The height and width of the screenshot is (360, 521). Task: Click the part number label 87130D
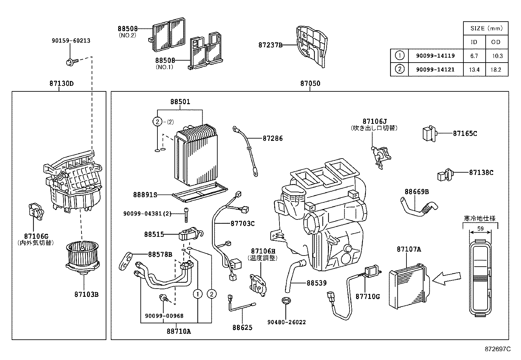(62, 84)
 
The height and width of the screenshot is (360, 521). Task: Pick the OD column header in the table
(496, 42)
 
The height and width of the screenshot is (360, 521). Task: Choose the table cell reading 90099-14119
(435, 56)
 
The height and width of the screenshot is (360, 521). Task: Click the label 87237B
(270, 45)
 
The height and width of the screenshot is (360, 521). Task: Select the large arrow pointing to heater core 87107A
(448, 278)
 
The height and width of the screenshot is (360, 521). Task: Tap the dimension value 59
(480, 229)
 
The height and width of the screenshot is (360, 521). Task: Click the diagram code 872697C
(497, 349)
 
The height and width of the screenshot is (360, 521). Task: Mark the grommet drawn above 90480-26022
(287, 300)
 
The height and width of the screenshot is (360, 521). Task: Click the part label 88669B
(417, 192)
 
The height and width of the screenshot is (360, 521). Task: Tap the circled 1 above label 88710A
(198, 294)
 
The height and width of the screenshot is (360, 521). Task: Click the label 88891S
(145, 195)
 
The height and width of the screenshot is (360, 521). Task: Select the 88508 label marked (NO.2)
(128, 29)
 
